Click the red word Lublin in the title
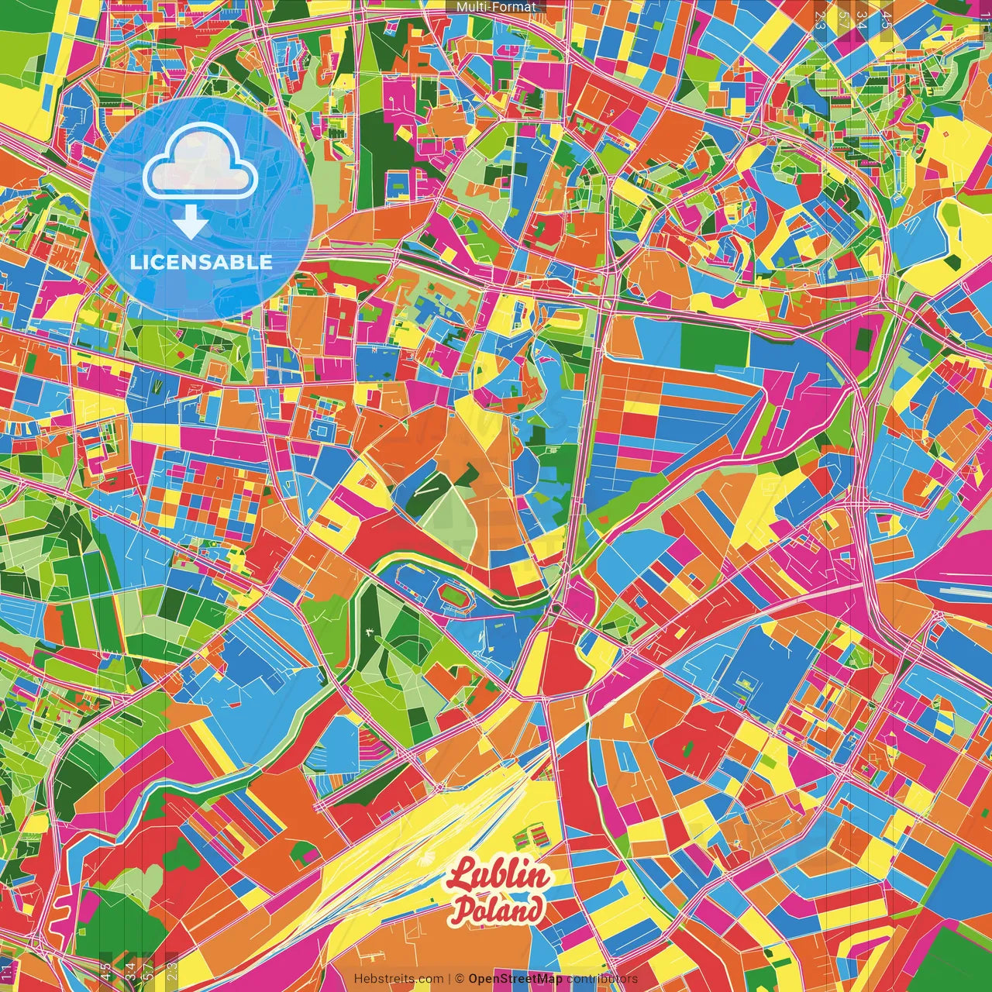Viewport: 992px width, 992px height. [x=499, y=877]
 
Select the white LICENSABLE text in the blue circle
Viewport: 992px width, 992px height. [x=201, y=262]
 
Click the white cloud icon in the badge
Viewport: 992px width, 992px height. [x=201, y=164]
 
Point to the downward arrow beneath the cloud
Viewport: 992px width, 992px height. [x=191, y=224]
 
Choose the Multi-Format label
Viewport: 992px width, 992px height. [x=496, y=7]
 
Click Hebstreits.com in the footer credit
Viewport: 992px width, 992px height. [x=398, y=979]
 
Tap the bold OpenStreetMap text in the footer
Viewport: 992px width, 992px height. [x=515, y=979]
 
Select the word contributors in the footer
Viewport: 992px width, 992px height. [x=602, y=979]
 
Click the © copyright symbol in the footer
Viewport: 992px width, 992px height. [x=459, y=979]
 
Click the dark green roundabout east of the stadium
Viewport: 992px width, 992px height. [x=557, y=609]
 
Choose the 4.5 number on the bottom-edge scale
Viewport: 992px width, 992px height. [x=106, y=971]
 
